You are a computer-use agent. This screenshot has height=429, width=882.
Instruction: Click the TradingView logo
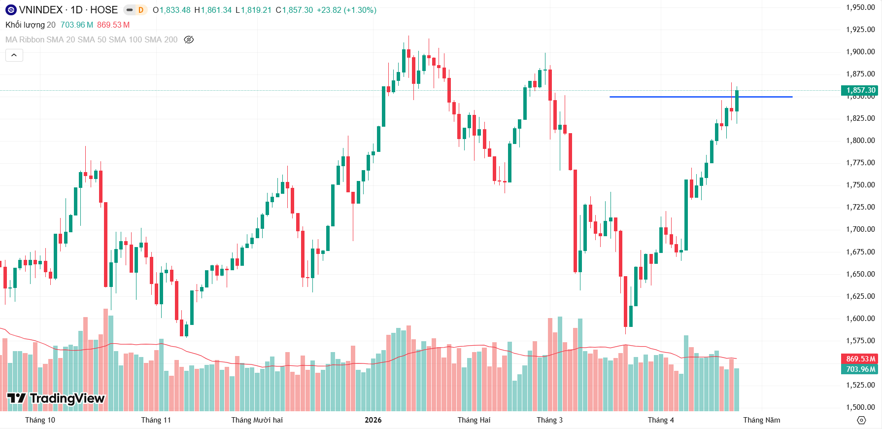[x=56, y=398]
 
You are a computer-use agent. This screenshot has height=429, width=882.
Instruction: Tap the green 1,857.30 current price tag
[x=860, y=90]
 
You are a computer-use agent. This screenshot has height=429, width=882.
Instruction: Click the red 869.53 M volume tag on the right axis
[x=860, y=359]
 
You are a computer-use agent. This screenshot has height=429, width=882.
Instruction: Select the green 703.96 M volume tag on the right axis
[x=860, y=369]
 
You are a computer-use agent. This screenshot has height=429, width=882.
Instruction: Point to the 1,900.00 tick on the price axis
[x=860, y=52]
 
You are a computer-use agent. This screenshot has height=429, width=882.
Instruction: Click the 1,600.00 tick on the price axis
[x=860, y=319]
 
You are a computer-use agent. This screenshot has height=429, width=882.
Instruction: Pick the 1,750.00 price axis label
[x=860, y=185]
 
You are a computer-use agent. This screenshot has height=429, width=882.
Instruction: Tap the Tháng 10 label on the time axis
[x=40, y=420]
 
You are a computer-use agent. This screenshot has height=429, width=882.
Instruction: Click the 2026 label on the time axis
[x=373, y=420]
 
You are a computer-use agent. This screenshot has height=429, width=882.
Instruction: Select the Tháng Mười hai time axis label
[x=257, y=420]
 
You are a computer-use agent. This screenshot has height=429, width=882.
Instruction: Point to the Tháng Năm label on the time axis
[x=761, y=420]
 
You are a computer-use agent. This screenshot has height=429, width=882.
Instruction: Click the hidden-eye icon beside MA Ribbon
[x=189, y=39]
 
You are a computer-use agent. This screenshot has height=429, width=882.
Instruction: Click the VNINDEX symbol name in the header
[x=41, y=10]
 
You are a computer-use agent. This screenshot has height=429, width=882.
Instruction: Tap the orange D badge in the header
[x=141, y=10]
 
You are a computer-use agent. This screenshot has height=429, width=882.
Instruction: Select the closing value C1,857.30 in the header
[x=294, y=10]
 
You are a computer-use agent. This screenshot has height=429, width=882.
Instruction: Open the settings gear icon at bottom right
[x=861, y=420]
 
